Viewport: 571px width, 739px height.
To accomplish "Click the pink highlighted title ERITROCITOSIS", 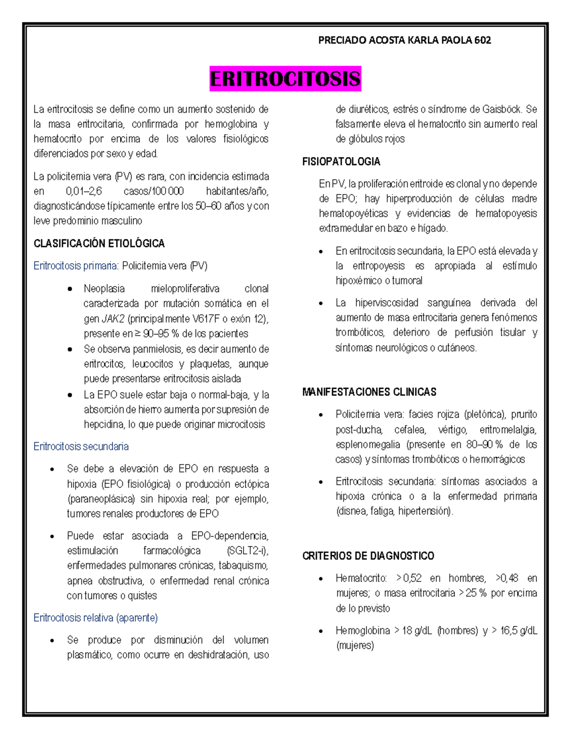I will point(285,79).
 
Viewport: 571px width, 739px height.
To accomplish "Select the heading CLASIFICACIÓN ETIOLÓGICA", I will point(99,244).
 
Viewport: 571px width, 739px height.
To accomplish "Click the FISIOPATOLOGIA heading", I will point(341,162).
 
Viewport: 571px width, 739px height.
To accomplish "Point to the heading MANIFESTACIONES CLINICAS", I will point(369,392).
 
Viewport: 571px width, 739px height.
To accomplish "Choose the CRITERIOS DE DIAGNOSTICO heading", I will point(368,556).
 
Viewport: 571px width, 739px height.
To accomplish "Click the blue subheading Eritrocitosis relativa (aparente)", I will point(96,618).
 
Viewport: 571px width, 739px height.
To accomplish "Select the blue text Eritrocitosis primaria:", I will point(76,266).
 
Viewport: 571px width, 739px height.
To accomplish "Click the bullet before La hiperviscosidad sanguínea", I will point(321,304).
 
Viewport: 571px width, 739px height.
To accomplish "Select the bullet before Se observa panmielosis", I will point(70,350).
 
